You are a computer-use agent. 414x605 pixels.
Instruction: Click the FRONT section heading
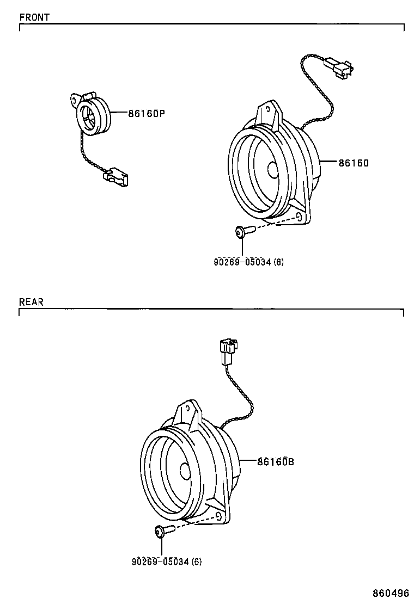pyautogui.click(x=34, y=17)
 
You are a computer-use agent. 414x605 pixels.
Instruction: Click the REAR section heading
pyautogui.click(x=31, y=302)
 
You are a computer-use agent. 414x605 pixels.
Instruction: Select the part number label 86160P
pyautogui.click(x=146, y=114)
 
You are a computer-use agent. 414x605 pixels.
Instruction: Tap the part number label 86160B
pyautogui.click(x=275, y=461)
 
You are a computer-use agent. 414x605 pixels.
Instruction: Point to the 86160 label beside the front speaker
pyautogui.click(x=354, y=162)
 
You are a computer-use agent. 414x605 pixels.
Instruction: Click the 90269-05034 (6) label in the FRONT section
pyautogui.click(x=248, y=262)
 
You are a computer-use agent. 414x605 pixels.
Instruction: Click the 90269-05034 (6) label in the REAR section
pyautogui.click(x=166, y=561)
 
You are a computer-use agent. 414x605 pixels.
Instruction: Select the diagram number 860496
pyautogui.click(x=391, y=593)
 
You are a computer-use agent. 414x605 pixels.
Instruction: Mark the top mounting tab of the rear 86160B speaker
pyautogui.click(x=186, y=409)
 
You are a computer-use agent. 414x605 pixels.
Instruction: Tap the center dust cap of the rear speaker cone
pyautogui.click(x=185, y=471)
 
